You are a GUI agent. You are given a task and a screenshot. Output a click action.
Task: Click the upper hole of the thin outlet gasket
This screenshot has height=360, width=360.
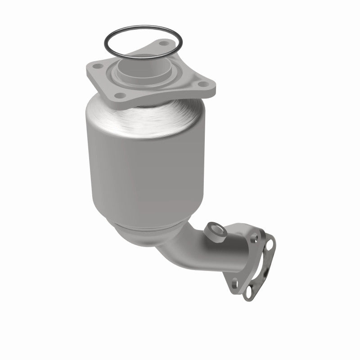270,243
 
